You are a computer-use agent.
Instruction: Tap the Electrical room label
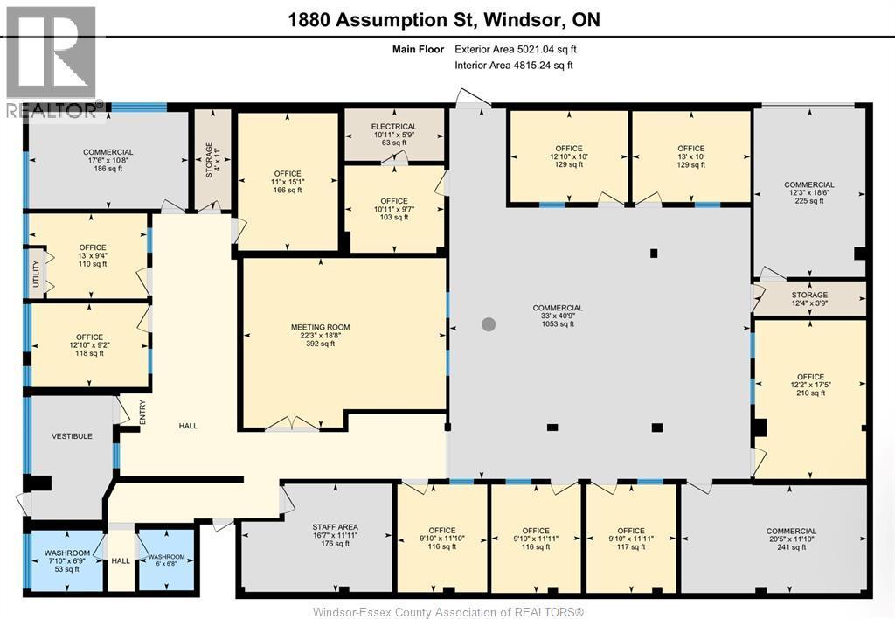(393, 135)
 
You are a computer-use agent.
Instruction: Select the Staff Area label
(335, 535)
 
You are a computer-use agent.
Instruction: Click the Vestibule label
(72, 435)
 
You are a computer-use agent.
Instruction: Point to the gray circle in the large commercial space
(489, 324)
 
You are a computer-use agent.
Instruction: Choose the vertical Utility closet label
(34, 274)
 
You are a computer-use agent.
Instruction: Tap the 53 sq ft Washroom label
(67, 560)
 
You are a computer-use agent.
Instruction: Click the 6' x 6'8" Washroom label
(165, 562)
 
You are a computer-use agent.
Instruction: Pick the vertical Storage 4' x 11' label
(208, 159)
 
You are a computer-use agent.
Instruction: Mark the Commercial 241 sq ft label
(791, 539)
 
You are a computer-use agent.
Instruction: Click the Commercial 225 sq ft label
(808, 192)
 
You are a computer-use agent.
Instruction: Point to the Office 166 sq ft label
(287, 182)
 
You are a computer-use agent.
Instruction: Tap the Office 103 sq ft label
(393, 210)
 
